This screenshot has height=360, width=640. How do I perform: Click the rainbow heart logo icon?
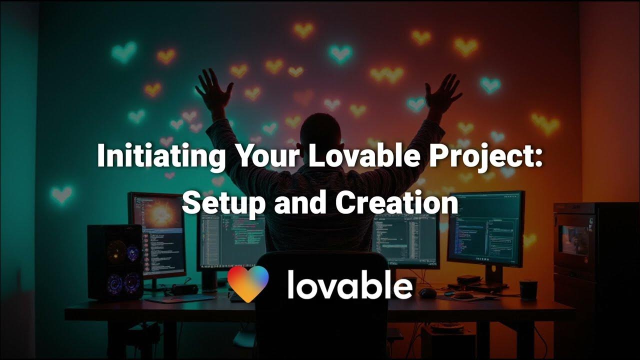[248, 284]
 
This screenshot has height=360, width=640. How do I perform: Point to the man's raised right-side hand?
[443, 92]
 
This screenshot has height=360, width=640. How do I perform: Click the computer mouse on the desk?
[427, 293]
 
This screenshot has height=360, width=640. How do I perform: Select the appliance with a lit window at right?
[575, 240]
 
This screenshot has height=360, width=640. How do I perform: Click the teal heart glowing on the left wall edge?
[61, 194]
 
